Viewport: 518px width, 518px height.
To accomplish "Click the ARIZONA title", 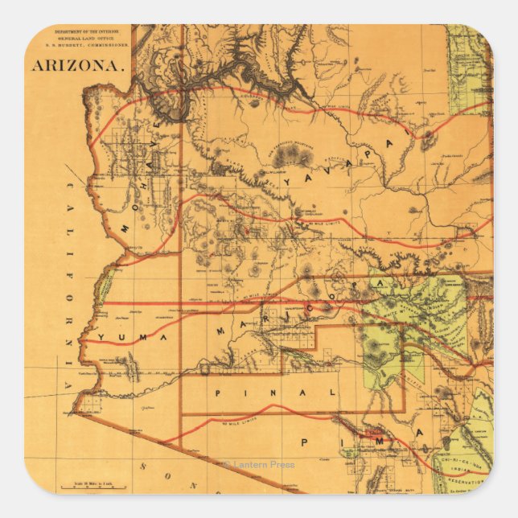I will tap(78, 65).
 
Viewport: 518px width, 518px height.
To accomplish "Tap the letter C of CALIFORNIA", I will tap(71, 188).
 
